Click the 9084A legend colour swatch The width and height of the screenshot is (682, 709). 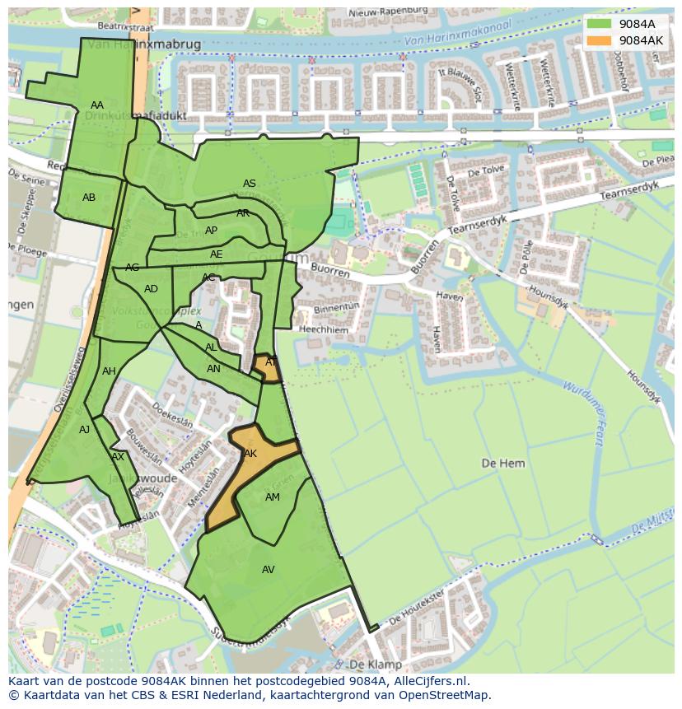click(599, 24)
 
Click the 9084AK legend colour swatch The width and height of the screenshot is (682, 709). click(599, 40)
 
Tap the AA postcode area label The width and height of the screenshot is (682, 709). click(97, 105)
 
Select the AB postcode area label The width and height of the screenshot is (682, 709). click(89, 198)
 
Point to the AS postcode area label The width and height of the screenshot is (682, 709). click(249, 184)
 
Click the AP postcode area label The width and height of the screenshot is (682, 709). click(211, 231)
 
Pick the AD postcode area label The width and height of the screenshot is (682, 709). click(151, 289)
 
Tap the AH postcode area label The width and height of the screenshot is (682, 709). click(109, 371)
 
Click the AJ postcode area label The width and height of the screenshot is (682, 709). click(84, 430)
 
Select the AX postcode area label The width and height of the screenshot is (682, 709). click(118, 457)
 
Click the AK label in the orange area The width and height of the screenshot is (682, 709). click(250, 454)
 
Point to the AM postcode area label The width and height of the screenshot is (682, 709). click(273, 497)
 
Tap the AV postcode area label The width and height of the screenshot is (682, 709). click(268, 570)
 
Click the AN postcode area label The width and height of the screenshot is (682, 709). click(213, 369)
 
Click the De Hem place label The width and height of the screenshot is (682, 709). click(502, 464)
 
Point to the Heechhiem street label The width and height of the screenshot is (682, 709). click(324, 329)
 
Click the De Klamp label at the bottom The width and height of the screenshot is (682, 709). click(376, 664)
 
